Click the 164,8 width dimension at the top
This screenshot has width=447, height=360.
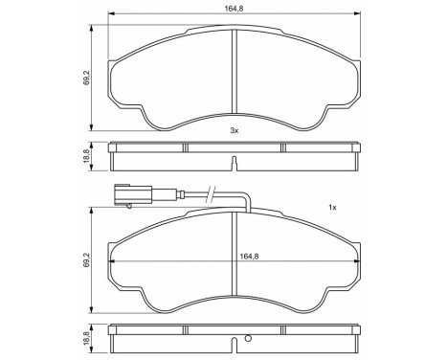coord(235,9)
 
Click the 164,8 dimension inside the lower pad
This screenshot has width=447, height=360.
coord(235,256)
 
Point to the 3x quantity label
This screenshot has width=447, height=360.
coord(235,129)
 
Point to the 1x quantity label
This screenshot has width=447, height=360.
coord(332,208)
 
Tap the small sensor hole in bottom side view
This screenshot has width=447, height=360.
coord(247,337)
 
